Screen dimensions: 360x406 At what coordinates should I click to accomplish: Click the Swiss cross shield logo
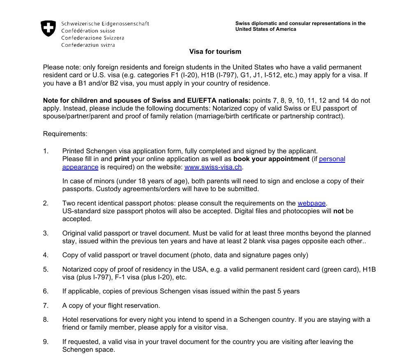(x=48, y=28)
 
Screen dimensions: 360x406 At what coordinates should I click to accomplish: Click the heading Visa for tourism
(x=215, y=52)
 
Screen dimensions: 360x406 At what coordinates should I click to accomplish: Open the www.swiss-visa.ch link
(x=213, y=167)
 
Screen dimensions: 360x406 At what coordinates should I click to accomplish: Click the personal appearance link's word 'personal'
(x=332, y=159)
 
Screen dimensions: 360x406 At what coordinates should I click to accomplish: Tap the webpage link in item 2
(x=311, y=203)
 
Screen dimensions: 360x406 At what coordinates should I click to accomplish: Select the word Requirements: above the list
(x=65, y=134)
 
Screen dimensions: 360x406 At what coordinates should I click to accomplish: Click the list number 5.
(x=46, y=270)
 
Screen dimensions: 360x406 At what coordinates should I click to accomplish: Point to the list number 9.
(x=46, y=342)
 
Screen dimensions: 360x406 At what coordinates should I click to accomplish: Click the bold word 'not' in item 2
(x=338, y=211)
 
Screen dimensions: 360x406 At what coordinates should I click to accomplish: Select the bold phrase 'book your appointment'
(x=271, y=159)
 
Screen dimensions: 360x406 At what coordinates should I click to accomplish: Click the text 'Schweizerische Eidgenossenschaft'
(x=105, y=24)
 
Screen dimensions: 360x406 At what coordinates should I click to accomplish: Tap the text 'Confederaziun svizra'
(x=88, y=45)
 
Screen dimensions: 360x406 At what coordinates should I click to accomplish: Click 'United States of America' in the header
(x=266, y=30)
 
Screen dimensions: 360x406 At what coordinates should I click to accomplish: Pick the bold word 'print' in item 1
(x=122, y=159)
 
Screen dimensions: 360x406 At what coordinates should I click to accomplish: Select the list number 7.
(x=46, y=306)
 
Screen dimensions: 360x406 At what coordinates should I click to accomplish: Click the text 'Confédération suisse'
(x=88, y=31)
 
